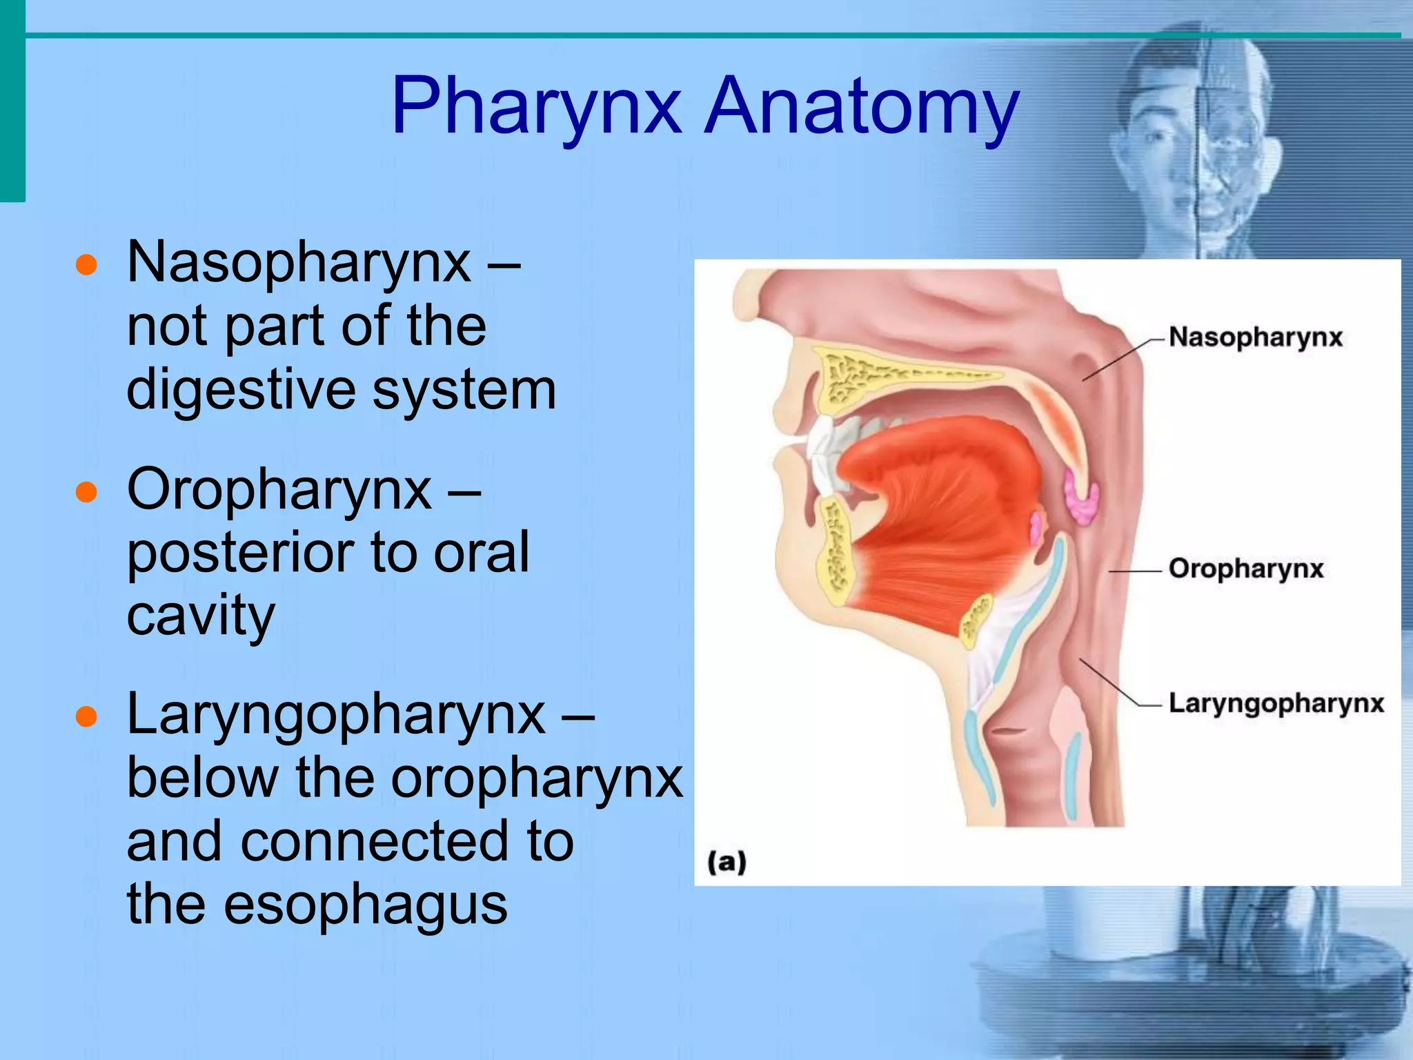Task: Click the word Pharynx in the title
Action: click(x=536, y=107)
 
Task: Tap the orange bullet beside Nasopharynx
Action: click(x=86, y=264)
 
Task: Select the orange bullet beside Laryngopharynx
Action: click(x=86, y=718)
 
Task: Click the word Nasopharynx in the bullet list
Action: click(x=299, y=263)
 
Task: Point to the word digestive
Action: click(x=241, y=390)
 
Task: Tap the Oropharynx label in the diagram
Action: click(x=1246, y=569)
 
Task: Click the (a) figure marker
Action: click(x=727, y=863)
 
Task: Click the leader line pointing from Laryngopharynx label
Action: click(x=1111, y=683)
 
